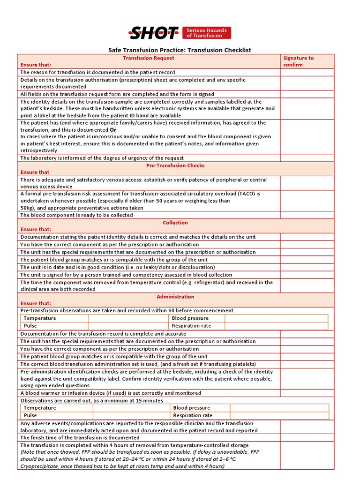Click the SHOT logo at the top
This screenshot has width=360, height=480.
[x=154, y=33]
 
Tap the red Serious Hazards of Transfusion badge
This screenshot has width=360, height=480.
[x=206, y=33]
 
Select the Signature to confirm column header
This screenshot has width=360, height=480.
[x=299, y=61]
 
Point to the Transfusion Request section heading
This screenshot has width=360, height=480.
[x=148, y=58]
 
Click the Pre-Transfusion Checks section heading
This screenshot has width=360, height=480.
[x=175, y=165]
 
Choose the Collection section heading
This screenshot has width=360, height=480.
[x=175, y=223]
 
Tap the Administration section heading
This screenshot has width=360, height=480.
[x=175, y=297]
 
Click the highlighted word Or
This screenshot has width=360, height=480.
[x=113, y=130]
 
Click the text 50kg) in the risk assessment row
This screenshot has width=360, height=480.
[x=28, y=208]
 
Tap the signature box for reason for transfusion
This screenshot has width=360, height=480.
[x=307, y=72]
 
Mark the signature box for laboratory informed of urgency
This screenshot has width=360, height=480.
[x=307, y=158]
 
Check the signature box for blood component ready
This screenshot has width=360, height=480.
[x=307, y=215]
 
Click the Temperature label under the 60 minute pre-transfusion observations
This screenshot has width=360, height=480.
[x=40, y=318]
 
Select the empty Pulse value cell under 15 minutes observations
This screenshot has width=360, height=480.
[x=131, y=415]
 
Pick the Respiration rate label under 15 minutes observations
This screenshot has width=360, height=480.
[x=193, y=415]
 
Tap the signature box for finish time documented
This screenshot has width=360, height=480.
[x=307, y=437]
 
